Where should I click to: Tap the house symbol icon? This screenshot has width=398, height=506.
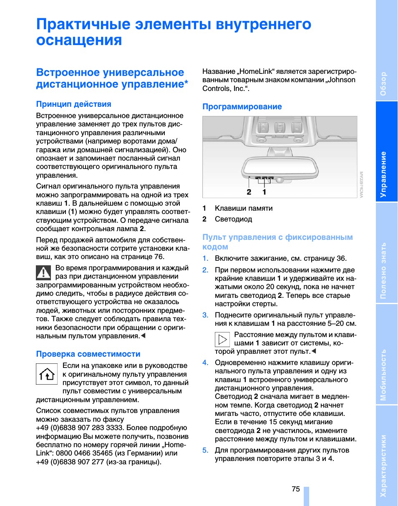coord(47,374)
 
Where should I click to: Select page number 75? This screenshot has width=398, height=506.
coord(296,489)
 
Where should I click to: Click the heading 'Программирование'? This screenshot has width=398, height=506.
coord(242,107)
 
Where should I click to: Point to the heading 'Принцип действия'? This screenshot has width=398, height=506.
coord(73,104)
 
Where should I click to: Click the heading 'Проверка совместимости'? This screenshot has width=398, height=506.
coord(88,354)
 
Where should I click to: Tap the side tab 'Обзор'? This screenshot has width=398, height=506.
coord(383,83)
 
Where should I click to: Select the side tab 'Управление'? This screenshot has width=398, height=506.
coord(383,174)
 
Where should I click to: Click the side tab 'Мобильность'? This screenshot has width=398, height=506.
coord(383,375)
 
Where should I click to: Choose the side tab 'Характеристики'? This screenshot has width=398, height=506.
coord(383,466)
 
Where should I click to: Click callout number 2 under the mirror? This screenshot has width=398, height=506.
coord(249,192)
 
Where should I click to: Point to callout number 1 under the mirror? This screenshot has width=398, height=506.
coord(264,192)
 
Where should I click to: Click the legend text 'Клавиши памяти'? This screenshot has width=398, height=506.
coord(244,209)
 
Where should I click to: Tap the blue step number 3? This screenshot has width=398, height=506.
coord(205,315)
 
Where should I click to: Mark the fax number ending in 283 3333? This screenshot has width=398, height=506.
coord(79,428)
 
